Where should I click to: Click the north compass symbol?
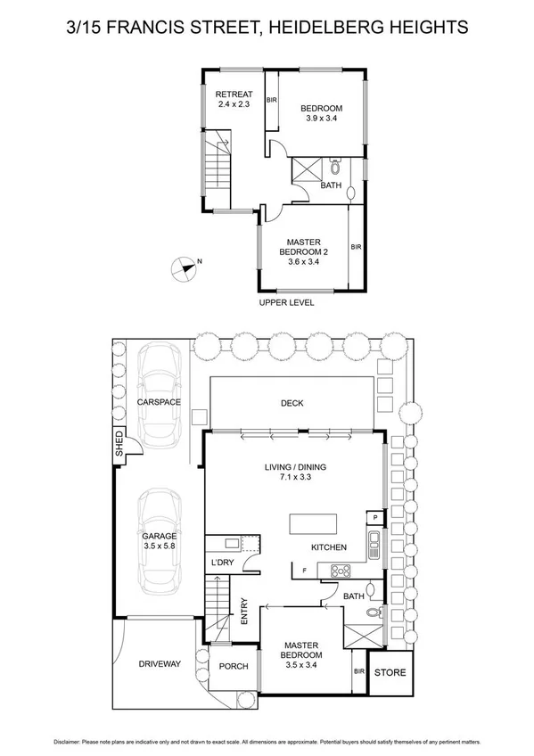point(184,265)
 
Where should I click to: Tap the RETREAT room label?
point(235,94)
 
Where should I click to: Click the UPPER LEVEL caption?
point(286,302)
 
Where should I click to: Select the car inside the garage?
point(159,544)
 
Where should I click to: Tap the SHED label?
point(119,444)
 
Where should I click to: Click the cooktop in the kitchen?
point(341,571)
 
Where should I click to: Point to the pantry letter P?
point(376,517)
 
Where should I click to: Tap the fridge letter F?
point(304,570)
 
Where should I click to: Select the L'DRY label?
point(221,564)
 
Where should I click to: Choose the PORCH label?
point(234,666)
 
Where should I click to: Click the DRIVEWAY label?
point(160,664)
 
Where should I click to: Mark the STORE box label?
point(389,673)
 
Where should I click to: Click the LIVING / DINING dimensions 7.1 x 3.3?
point(293,477)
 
